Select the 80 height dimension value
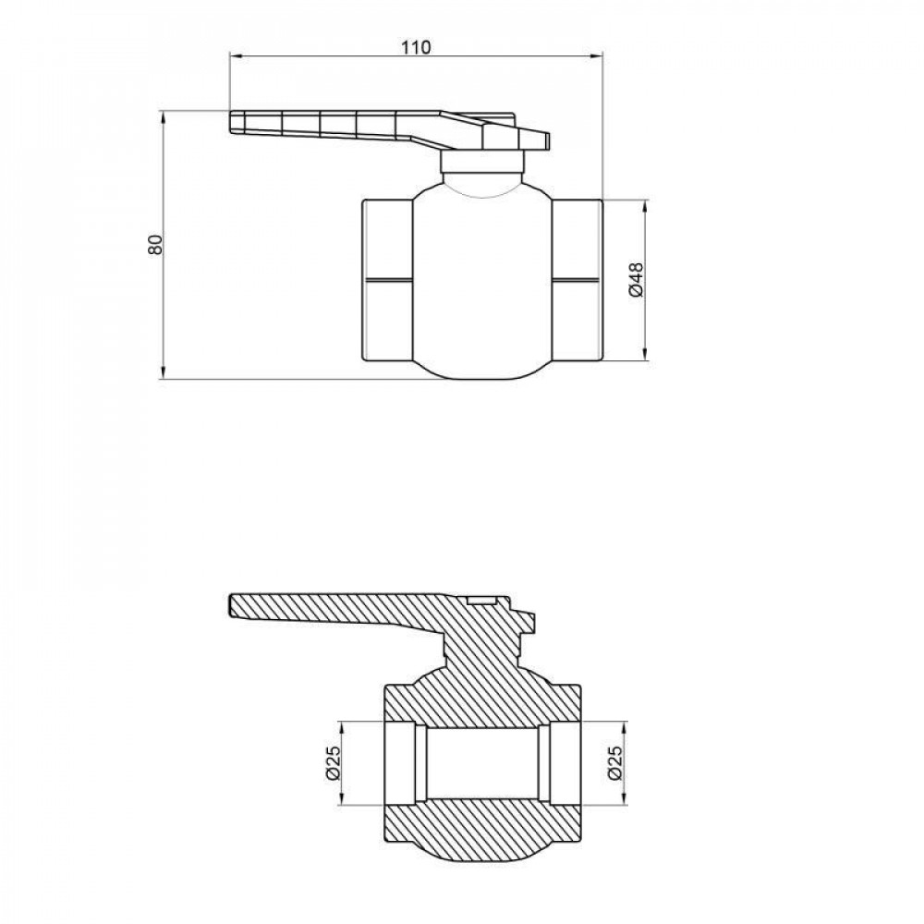[154, 245]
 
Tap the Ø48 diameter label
[635, 279]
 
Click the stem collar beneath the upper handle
[482, 163]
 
